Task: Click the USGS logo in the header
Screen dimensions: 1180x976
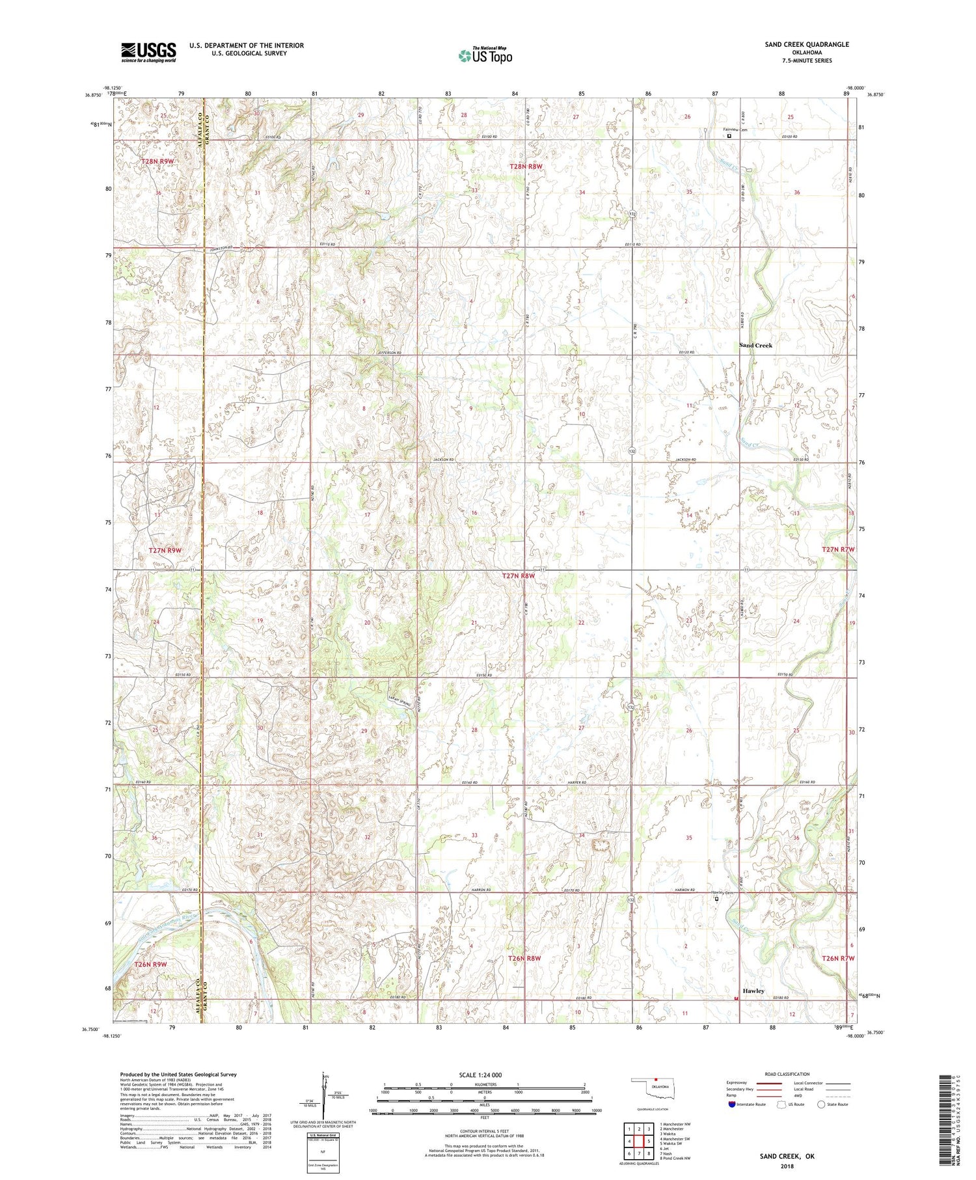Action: (148, 52)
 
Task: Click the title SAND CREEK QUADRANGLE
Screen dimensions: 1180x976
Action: (807, 44)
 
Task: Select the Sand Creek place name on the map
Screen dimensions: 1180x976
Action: (755, 345)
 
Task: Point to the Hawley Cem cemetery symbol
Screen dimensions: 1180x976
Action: (717, 899)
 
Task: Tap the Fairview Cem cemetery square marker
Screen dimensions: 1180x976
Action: (729, 137)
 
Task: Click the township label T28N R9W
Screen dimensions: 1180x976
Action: (157, 161)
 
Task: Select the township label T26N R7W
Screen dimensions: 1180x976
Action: (837, 959)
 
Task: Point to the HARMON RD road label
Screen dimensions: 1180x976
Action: (684, 890)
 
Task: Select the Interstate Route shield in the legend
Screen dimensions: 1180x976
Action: (732, 1105)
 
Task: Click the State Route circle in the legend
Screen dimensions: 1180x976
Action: (822, 1105)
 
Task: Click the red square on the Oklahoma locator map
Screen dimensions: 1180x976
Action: (657, 1081)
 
